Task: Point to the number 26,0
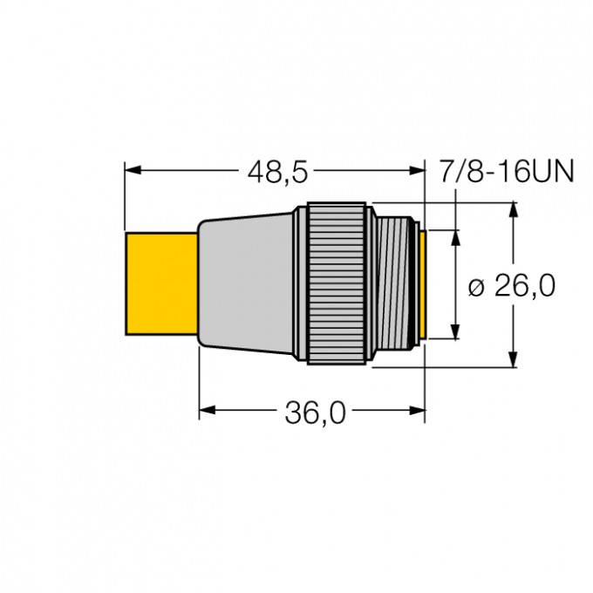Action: pyautogui.click(x=524, y=285)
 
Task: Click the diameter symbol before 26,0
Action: pyautogui.click(x=476, y=286)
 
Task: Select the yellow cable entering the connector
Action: pyautogui.click(x=160, y=284)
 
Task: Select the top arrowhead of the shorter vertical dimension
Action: pyautogui.click(x=454, y=236)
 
